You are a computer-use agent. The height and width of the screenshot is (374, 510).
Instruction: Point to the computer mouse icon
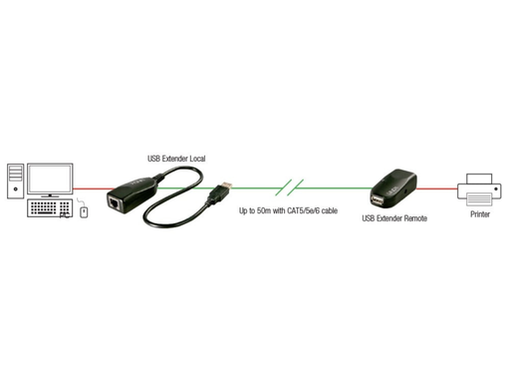(84, 211)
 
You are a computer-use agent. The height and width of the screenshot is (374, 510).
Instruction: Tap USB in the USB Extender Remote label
(369, 217)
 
